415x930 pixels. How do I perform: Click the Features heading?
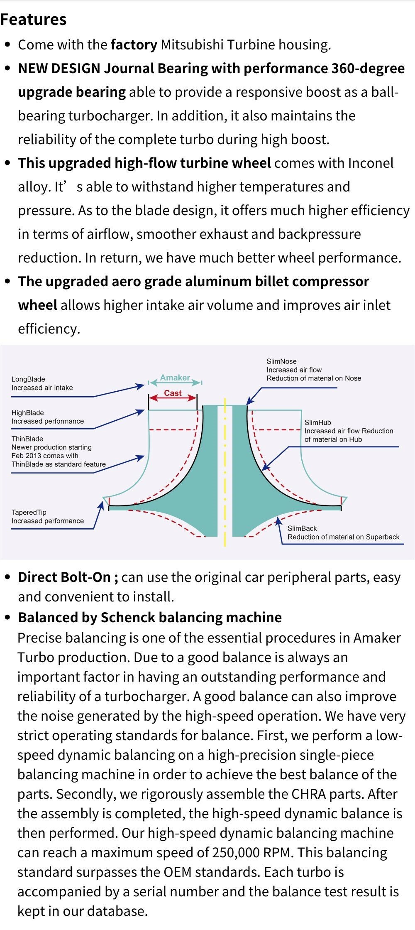(33, 20)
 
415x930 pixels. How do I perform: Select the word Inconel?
(371, 163)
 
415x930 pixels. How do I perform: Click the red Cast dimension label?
(173, 393)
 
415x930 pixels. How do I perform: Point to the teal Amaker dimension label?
(175, 378)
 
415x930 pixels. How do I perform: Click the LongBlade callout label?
(28, 379)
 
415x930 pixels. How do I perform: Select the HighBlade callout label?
(27, 413)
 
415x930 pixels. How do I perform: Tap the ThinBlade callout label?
(27, 439)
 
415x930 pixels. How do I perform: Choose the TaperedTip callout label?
(29, 513)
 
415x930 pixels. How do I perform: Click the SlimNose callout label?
(281, 361)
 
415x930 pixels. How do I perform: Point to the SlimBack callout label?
(302, 528)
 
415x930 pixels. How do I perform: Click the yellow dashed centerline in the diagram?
(225, 472)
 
